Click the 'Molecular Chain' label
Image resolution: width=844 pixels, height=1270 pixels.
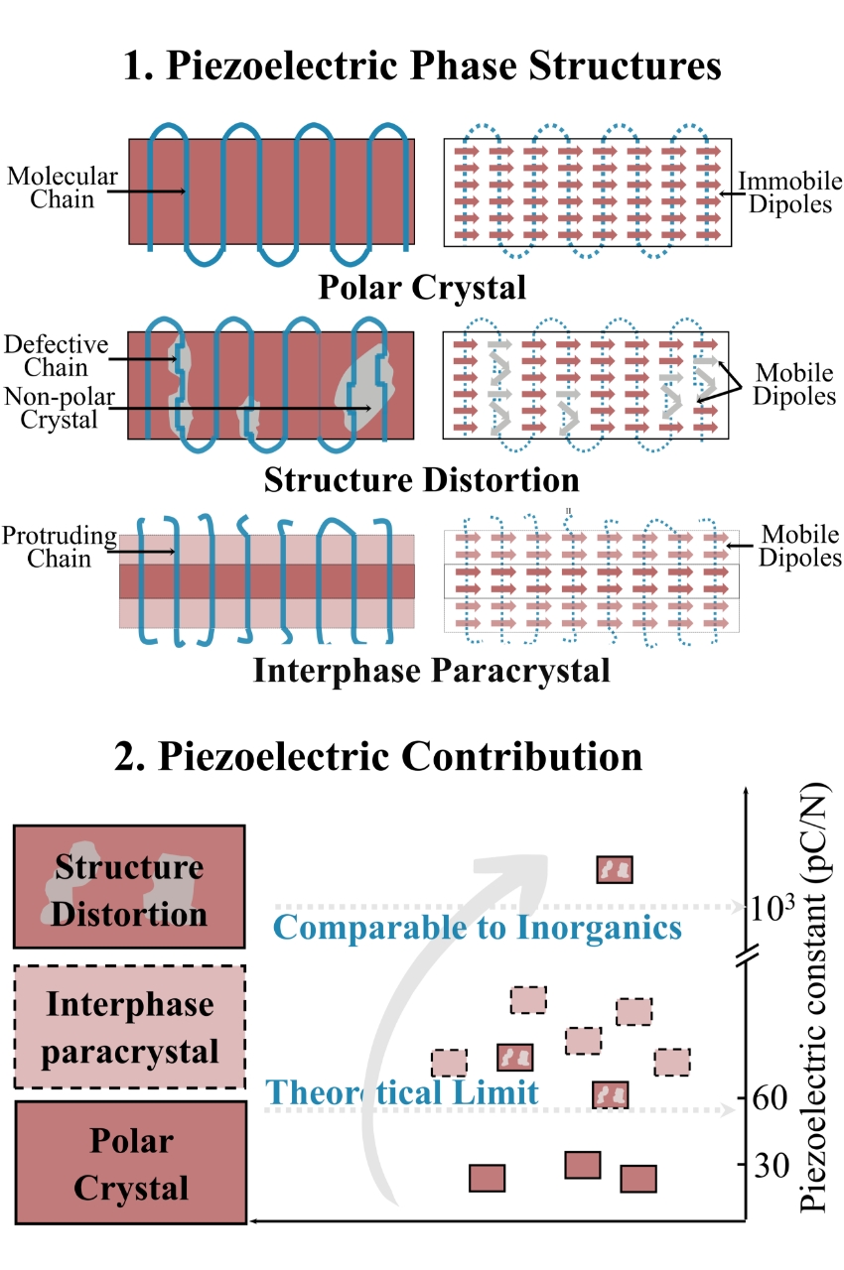[62, 188]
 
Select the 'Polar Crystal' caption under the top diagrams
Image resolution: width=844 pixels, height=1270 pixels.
[421, 288]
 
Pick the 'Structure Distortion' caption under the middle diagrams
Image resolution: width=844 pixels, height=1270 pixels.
[421, 480]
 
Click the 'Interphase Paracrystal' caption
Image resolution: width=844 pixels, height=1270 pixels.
[430, 671]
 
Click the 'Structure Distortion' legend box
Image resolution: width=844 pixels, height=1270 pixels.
[129, 887]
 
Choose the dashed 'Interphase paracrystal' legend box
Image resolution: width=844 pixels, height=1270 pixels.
[129, 1027]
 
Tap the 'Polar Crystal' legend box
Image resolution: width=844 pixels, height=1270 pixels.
[129, 1163]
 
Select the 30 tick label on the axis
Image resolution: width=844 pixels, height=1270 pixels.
[771, 1165]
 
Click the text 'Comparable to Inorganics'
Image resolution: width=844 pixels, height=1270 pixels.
[477, 928]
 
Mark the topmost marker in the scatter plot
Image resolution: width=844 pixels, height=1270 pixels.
[614, 870]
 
